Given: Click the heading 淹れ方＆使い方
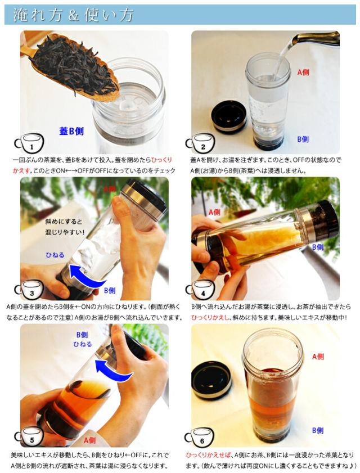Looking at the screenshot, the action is (x=73, y=15).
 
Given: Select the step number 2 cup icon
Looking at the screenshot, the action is (x=200, y=143).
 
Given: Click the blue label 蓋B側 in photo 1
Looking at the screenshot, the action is (x=71, y=131).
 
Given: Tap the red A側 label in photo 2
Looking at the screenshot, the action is (x=303, y=72).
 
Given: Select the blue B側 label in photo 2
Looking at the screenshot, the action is (x=303, y=139).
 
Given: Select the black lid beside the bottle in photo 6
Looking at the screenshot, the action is (x=211, y=379).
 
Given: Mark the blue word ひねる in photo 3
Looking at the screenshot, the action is (x=55, y=255).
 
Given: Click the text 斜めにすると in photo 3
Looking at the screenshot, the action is (x=64, y=222).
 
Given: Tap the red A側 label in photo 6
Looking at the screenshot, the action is (x=318, y=357).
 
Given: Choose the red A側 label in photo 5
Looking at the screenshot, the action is (x=89, y=440).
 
